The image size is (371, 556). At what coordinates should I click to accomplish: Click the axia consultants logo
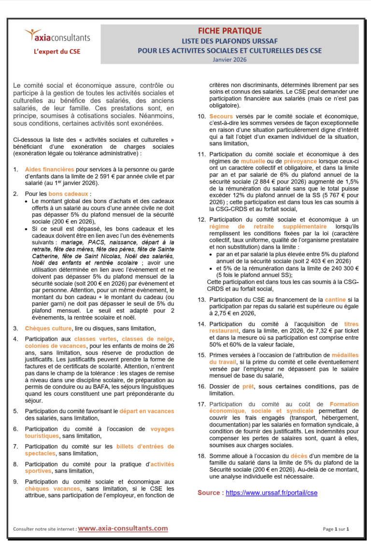[57, 36]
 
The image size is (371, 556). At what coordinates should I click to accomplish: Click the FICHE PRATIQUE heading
[229, 31]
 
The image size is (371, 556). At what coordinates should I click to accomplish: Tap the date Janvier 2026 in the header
[229, 59]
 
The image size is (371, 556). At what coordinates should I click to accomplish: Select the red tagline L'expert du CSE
[57, 51]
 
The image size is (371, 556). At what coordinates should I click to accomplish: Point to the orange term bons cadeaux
[75, 194]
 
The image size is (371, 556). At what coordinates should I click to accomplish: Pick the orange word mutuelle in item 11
[253, 161]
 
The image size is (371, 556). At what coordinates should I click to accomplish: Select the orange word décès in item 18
[299, 456]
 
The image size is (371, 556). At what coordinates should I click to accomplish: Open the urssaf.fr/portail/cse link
[271, 493]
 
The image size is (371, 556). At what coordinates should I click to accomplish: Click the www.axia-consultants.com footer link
[123, 528]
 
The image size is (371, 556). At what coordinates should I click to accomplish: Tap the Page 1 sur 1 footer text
[336, 528]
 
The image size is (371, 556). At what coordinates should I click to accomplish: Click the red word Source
[211, 493]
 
